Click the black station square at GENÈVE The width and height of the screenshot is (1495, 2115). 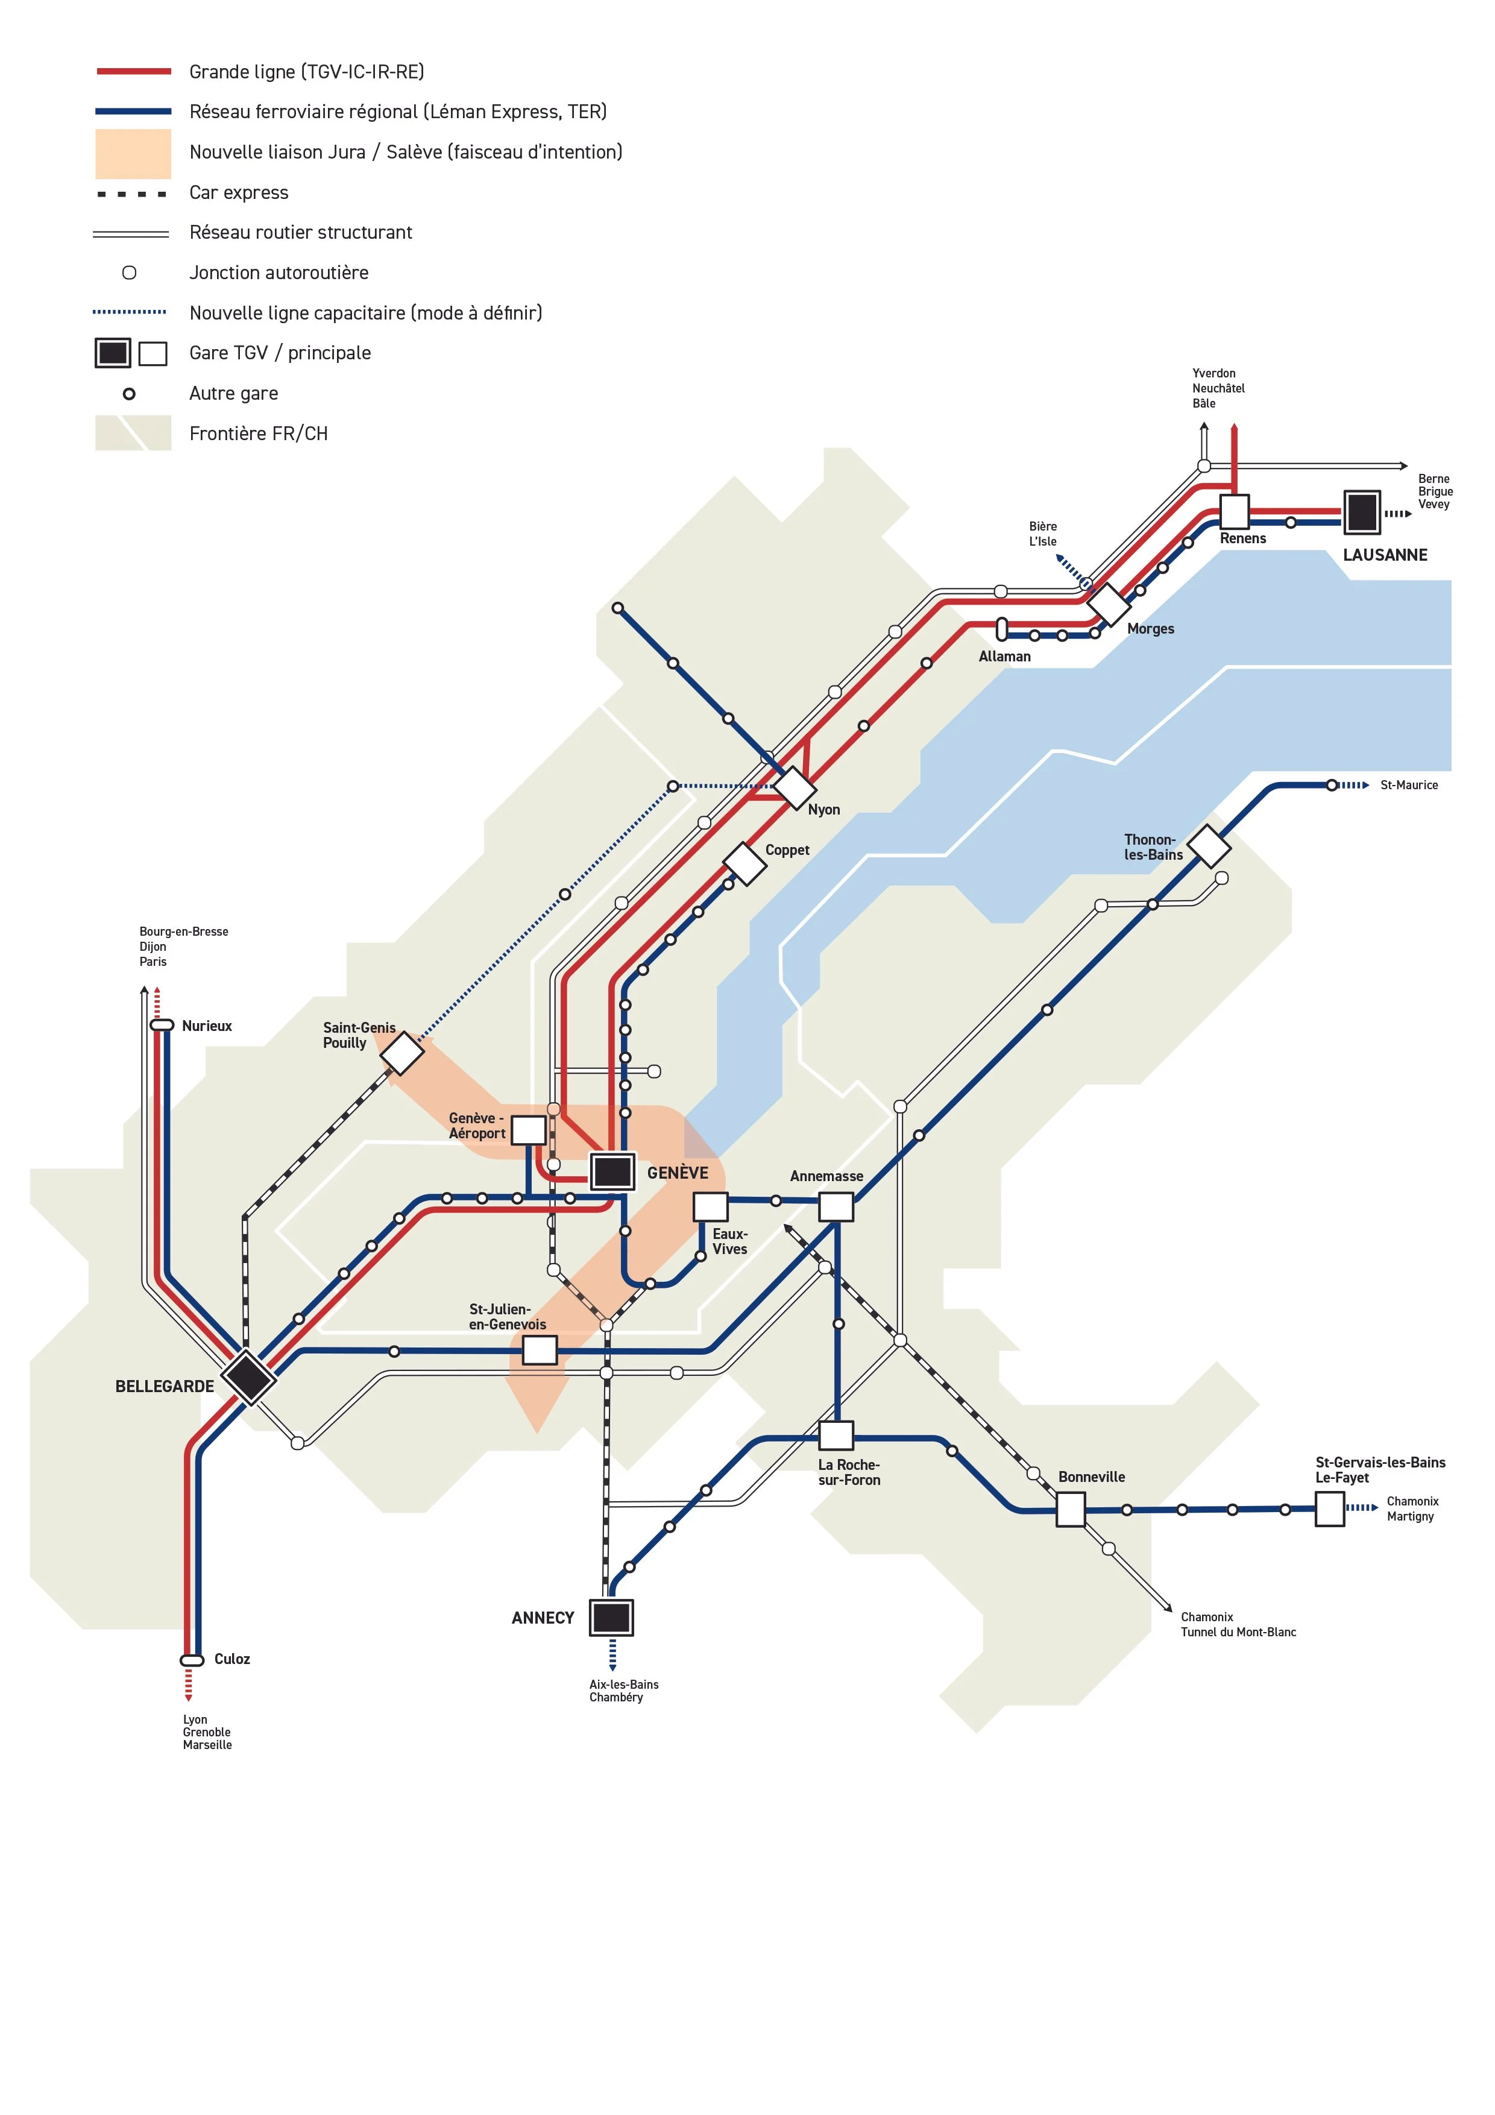[612, 1171]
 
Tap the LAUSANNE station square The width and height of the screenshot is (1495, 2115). [1361, 512]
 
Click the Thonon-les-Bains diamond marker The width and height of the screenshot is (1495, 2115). [1209, 846]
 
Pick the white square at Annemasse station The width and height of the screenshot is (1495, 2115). [836, 1207]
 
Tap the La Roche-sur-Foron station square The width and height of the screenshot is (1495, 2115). [836, 1435]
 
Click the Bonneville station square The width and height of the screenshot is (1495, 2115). [1071, 1510]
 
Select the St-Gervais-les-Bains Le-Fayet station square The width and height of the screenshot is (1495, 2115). [1329, 1509]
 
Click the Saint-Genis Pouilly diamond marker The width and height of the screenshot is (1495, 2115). [401, 1053]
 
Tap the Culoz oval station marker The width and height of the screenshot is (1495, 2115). [192, 1660]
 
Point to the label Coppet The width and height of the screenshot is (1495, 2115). [787, 850]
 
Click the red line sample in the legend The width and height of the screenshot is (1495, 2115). [134, 71]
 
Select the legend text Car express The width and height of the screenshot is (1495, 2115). [239, 192]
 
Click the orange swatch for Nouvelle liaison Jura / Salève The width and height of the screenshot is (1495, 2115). [134, 153]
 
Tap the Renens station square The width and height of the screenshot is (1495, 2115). [1235, 511]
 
